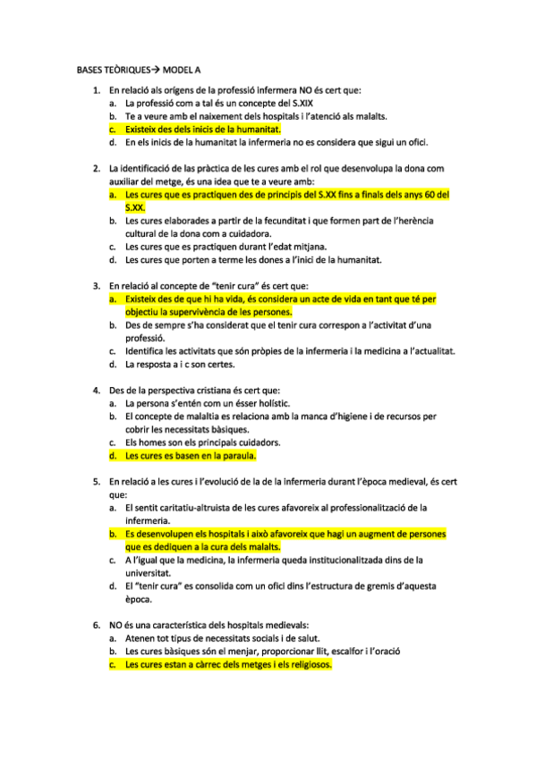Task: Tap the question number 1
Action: (x=97, y=90)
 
